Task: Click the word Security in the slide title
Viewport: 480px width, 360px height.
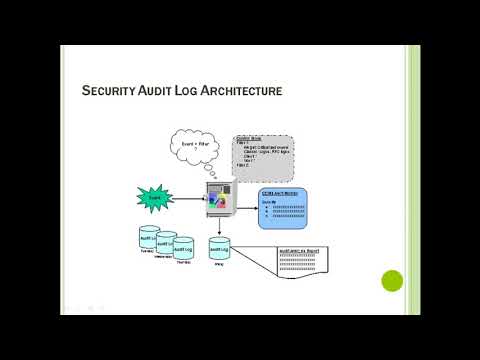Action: (x=110, y=92)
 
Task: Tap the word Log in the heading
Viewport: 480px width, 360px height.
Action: (x=195, y=92)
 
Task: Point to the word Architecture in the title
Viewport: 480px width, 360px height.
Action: (x=246, y=92)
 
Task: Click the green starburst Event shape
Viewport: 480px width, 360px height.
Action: (x=156, y=199)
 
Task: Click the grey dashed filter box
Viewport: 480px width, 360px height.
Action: (x=263, y=157)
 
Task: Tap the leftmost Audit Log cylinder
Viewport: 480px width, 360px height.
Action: (x=148, y=240)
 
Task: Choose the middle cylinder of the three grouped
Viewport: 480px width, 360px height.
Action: (x=165, y=245)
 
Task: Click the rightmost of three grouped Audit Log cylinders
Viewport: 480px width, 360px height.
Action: (x=183, y=249)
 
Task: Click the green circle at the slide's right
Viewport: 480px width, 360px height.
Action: (x=392, y=281)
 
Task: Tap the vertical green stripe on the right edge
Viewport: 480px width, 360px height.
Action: (x=413, y=180)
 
